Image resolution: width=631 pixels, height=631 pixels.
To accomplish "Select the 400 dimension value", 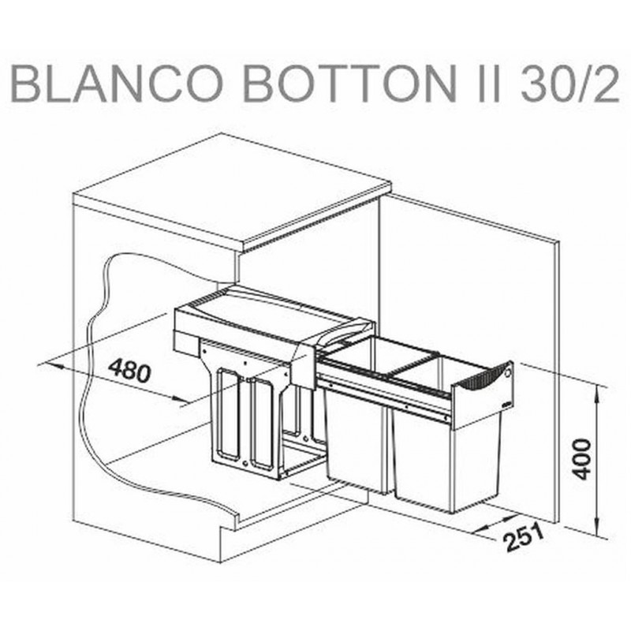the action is tap(582, 460).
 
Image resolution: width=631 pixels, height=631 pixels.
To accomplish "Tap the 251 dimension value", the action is tap(525, 537).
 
